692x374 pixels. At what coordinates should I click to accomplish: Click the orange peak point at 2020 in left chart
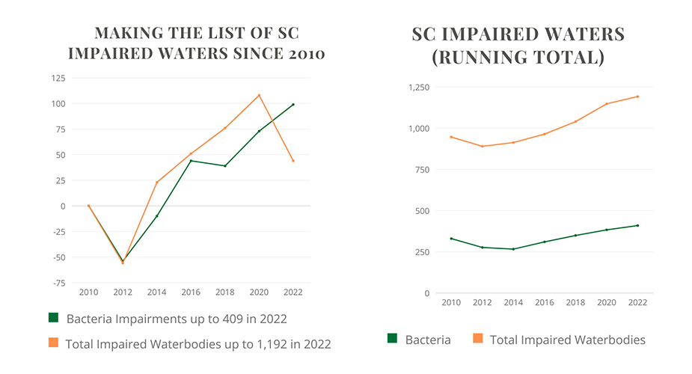tap(259, 95)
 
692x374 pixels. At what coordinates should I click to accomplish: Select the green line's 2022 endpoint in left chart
tap(293, 104)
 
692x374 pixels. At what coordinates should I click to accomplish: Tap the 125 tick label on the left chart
tap(58, 77)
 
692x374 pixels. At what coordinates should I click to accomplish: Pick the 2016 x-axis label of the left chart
tap(191, 291)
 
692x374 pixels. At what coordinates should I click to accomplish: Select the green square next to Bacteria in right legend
tap(392, 339)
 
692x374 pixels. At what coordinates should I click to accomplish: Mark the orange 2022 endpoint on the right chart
tap(638, 96)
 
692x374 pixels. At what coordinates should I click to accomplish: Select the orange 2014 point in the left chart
tap(157, 183)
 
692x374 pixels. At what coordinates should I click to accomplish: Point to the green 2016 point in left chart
tap(191, 161)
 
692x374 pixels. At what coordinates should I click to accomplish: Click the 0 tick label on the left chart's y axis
tap(63, 206)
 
